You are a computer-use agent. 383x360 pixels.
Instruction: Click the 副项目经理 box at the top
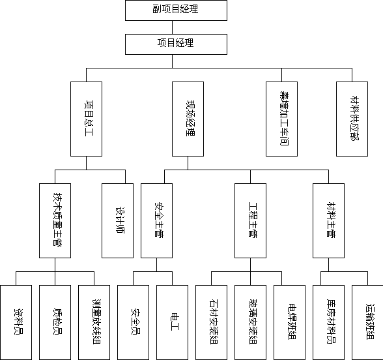point(176,10)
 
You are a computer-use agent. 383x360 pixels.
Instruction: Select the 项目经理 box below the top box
point(176,44)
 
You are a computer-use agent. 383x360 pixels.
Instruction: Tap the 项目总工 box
point(86,119)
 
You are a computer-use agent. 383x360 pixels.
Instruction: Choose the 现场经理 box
point(188,119)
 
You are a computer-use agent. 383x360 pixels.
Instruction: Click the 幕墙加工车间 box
point(281,119)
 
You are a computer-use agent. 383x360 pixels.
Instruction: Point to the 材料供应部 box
point(352,119)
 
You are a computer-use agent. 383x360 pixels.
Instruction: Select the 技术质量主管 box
point(55,220)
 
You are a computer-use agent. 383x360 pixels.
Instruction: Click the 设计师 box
point(117,220)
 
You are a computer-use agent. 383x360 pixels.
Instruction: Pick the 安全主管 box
point(156,220)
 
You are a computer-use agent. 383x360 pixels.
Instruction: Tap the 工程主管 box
point(250,220)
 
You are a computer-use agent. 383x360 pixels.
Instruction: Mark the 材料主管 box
point(328,220)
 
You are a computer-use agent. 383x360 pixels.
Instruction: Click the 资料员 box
point(16,322)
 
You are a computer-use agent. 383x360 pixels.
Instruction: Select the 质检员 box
point(55,322)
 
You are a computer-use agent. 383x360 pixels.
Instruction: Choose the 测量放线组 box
point(94,322)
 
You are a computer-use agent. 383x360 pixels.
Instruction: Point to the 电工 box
point(172,322)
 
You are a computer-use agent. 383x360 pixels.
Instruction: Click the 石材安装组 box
point(211,322)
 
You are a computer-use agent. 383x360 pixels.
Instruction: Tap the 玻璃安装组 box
point(250,322)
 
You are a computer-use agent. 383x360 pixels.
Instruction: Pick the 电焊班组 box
point(289,322)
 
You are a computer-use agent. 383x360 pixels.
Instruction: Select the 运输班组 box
point(367,322)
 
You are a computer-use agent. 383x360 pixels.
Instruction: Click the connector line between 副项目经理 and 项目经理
point(172,27)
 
